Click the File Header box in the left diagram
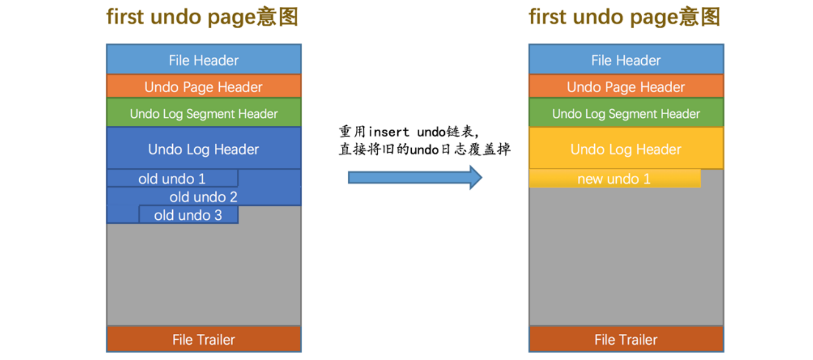coord(204,60)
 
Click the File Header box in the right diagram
coord(626,60)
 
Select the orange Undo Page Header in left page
coord(204,86)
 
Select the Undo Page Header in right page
coord(626,86)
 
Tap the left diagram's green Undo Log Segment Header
coord(204,113)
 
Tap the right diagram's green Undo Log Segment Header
coord(626,113)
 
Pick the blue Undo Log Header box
coord(204,149)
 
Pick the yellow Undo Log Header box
coord(626,149)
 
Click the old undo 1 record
coord(172,179)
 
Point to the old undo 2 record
coord(204,197)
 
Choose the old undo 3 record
coord(188,215)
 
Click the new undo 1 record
coord(614,179)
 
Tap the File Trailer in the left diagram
coord(204,339)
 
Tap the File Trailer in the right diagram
coord(626,339)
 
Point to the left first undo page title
coord(202,18)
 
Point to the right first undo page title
coord(624,18)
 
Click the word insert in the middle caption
coord(389,132)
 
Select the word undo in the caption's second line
coord(424,149)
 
